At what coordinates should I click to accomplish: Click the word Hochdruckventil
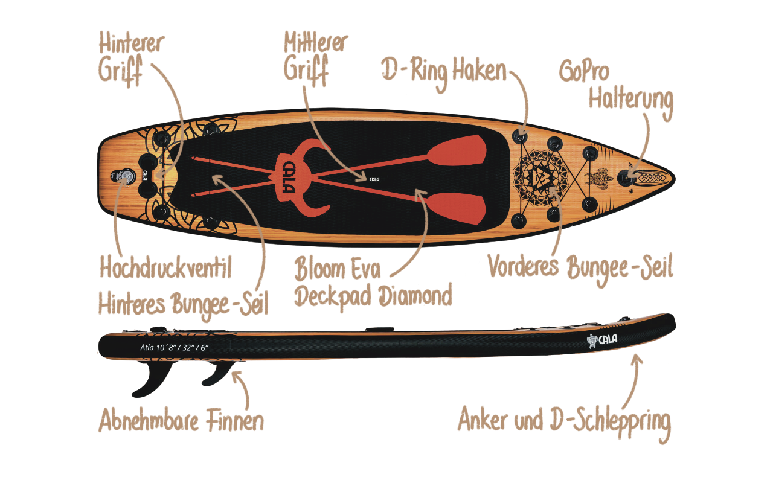pos(165,267)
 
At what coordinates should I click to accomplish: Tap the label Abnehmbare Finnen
pos(182,420)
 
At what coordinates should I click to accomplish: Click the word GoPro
pos(584,71)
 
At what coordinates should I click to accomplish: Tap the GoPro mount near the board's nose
pos(626,177)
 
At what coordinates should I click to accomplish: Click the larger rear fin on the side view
pos(153,379)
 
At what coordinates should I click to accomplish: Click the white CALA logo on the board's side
pos(602,340)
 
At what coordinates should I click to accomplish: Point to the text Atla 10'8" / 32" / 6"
pos(175,347)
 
